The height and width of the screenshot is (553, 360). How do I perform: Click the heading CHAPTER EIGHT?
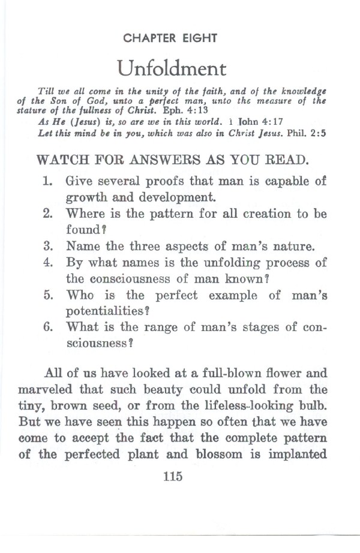click(x=169, y=38)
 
